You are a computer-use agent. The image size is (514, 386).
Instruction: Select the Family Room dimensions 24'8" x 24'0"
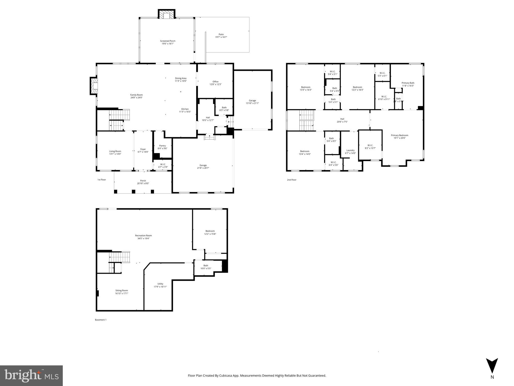[136, 98]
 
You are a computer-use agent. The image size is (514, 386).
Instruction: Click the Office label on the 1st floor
[215, 82]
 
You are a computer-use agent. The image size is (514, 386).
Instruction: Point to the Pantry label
[162, 146]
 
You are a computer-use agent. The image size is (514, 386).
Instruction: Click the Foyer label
[143, 149]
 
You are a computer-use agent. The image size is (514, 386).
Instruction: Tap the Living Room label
[115, 151]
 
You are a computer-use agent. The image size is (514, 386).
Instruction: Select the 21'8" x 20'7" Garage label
[203, 167]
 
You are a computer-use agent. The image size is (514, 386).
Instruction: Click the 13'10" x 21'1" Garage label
[252, 102]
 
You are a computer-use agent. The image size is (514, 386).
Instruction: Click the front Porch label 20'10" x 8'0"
[143, 182]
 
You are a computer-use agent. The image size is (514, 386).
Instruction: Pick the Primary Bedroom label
[399, 135]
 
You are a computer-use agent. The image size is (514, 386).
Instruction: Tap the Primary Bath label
[408, 83]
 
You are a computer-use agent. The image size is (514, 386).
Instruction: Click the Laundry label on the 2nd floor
[350, 150]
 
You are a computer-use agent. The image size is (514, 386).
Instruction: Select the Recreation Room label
[143, 235]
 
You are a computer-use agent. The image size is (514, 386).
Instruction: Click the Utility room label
[160, 284]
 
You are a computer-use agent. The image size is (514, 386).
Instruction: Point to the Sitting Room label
[122, 291]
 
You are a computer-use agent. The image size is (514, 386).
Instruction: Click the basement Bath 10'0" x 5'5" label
[206, 267]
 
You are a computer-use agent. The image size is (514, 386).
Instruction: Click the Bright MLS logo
[31, 375]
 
